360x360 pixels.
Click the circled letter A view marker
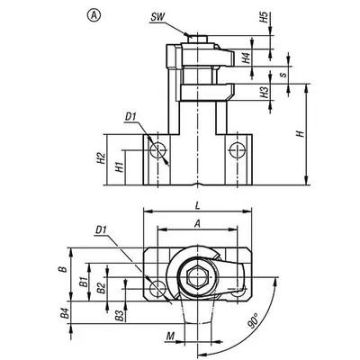pos(94,15)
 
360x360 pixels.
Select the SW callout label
pos(157,17)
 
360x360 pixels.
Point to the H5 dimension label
pos(264,18)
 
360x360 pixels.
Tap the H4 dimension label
pos(247,58)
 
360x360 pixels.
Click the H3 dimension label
pos(264,93)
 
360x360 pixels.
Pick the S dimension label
pos(283,74)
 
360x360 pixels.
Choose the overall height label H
pos(301,134)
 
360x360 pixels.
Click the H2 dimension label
pos(102,157)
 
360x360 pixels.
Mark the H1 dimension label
pos(120,166)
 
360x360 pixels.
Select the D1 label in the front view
pos(130,117)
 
